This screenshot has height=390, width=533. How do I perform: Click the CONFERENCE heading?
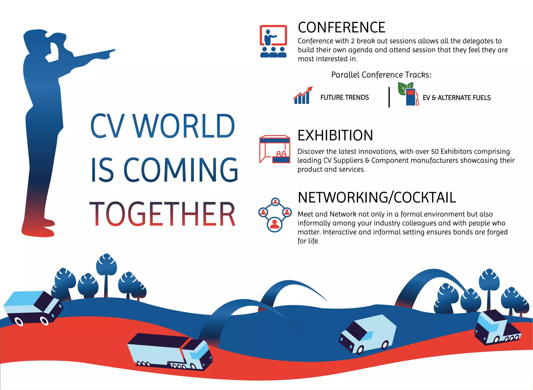click(x=341, y=27)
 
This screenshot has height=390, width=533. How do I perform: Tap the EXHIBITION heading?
click(x=335, y=135)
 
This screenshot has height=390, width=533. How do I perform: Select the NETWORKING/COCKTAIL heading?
click(x=377, y=197)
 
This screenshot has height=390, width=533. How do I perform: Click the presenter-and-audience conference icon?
click(x=273, y=41)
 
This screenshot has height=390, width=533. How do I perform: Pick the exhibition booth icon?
click(x=275, y=149)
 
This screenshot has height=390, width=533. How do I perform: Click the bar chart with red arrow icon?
click(x=303, y=96)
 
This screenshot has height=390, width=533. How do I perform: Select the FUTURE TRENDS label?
click(x=345, y=97)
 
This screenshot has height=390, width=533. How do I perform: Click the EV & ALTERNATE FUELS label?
click(x=456, y=98)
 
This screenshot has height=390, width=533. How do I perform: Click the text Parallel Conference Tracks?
click(x=381, y=75)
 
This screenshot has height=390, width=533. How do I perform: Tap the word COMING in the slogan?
click(x=181, y=170)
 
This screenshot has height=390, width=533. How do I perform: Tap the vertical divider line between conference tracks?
click(x=389, y=97)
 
